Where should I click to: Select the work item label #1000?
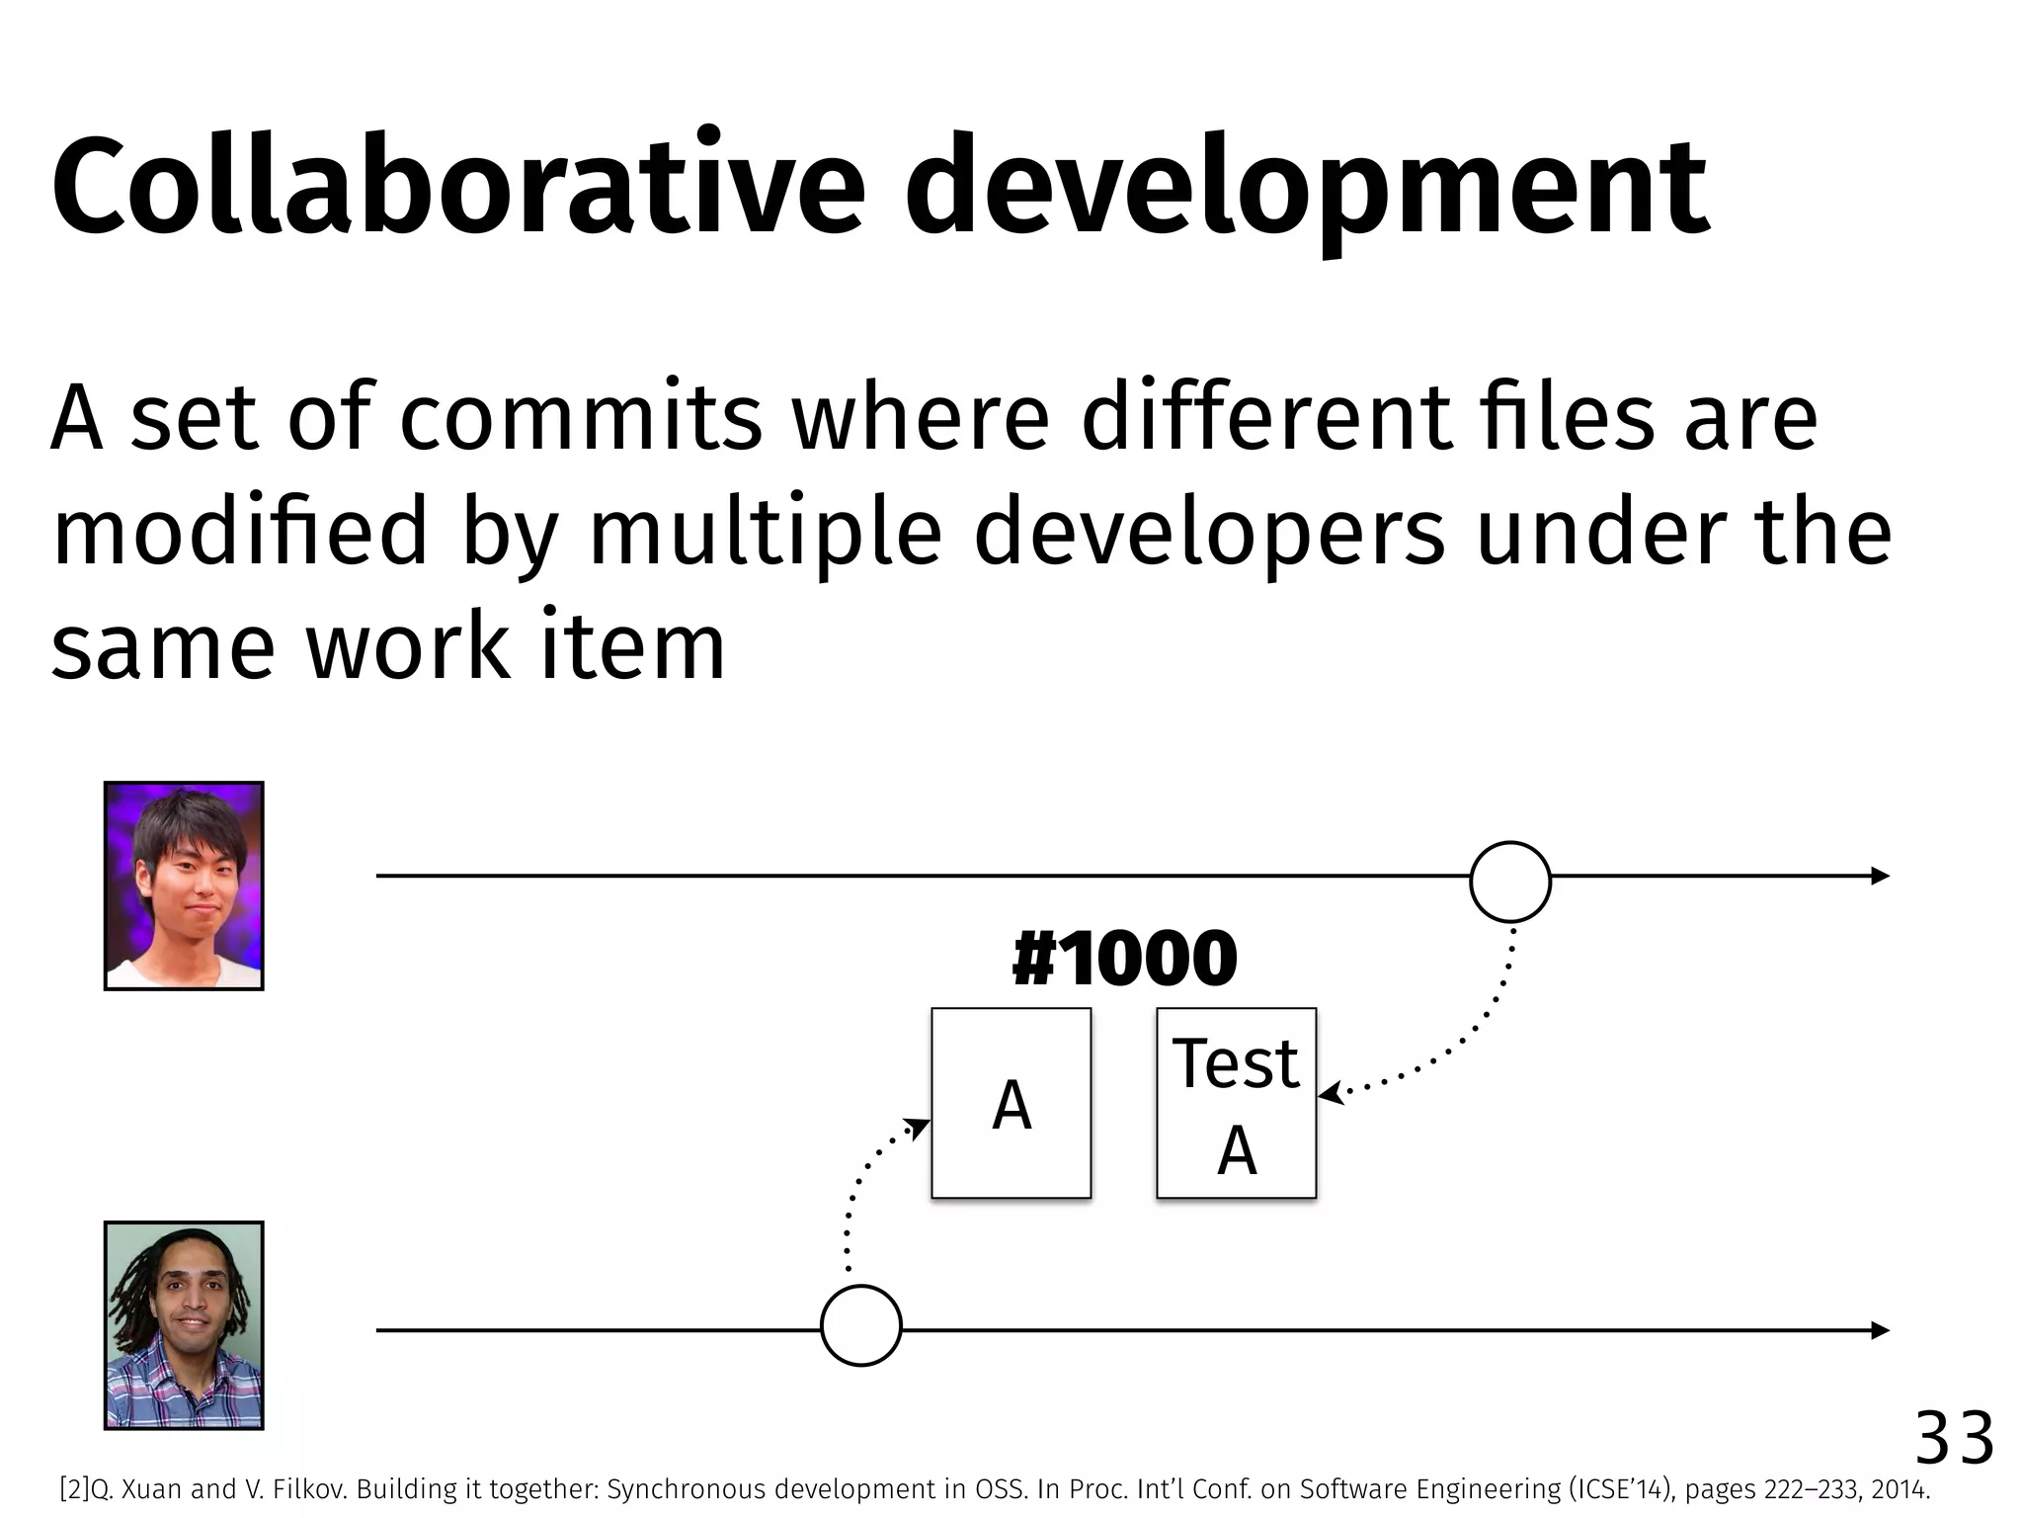(x=1124, y=960)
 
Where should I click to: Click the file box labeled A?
(x=1011, y=1103)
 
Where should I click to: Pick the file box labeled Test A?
(x=1236, y=1103)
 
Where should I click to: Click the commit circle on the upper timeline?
(x=1509, y=882)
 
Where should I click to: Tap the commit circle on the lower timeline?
(x=860, y=1325)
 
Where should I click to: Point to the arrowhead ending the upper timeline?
(x=1880, y=876)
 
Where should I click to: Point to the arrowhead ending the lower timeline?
(x=1880, y=1330)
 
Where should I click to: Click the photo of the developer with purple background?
(x=184, y=885)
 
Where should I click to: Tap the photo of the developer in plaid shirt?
(x=184, y=1325)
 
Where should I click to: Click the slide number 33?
(x=1954, y=1439)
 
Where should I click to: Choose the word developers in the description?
(x=1209, y=534)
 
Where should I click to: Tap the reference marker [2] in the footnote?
(x=74, y=1489)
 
